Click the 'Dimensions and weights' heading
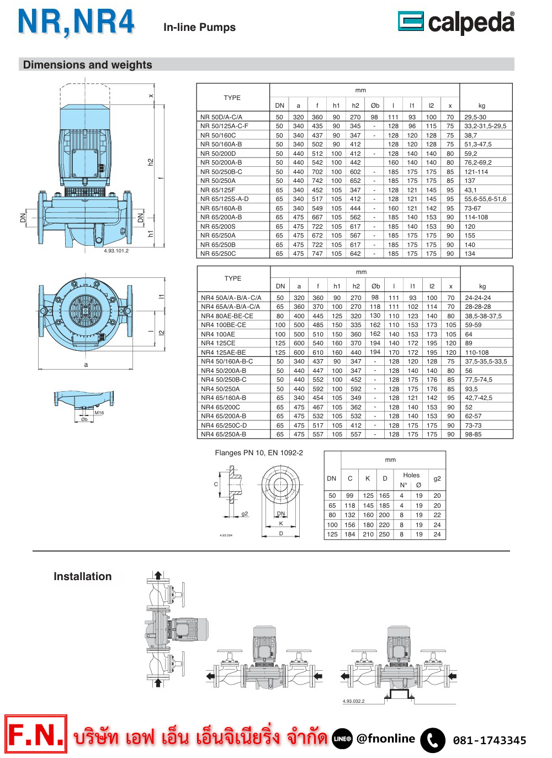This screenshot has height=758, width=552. point(87,65)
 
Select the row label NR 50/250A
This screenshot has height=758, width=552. point(217,181)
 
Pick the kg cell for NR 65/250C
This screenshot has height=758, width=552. point(470,254)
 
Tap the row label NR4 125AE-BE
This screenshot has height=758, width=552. point(223,352)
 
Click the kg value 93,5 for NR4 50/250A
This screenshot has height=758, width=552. point(471,389)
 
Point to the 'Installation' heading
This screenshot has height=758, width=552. point(82,576)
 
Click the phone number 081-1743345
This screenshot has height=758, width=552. point(489,740)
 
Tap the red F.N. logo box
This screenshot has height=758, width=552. point(36,734)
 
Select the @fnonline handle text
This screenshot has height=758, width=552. point(385,739)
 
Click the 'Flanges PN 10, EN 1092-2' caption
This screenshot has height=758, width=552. point(259,452)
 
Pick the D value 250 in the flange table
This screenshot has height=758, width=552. point(384,534)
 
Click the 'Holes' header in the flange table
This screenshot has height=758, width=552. point(411,475)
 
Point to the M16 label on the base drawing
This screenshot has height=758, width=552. point(99,413)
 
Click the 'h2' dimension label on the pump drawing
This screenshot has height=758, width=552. point(150,162)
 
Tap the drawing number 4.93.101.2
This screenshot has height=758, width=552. point(116,251)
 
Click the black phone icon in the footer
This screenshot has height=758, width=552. point(433,740)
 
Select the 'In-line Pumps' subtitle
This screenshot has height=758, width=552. point(199,27)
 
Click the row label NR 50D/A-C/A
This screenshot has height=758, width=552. point(221,117)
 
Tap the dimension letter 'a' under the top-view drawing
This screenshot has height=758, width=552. point(86,365)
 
